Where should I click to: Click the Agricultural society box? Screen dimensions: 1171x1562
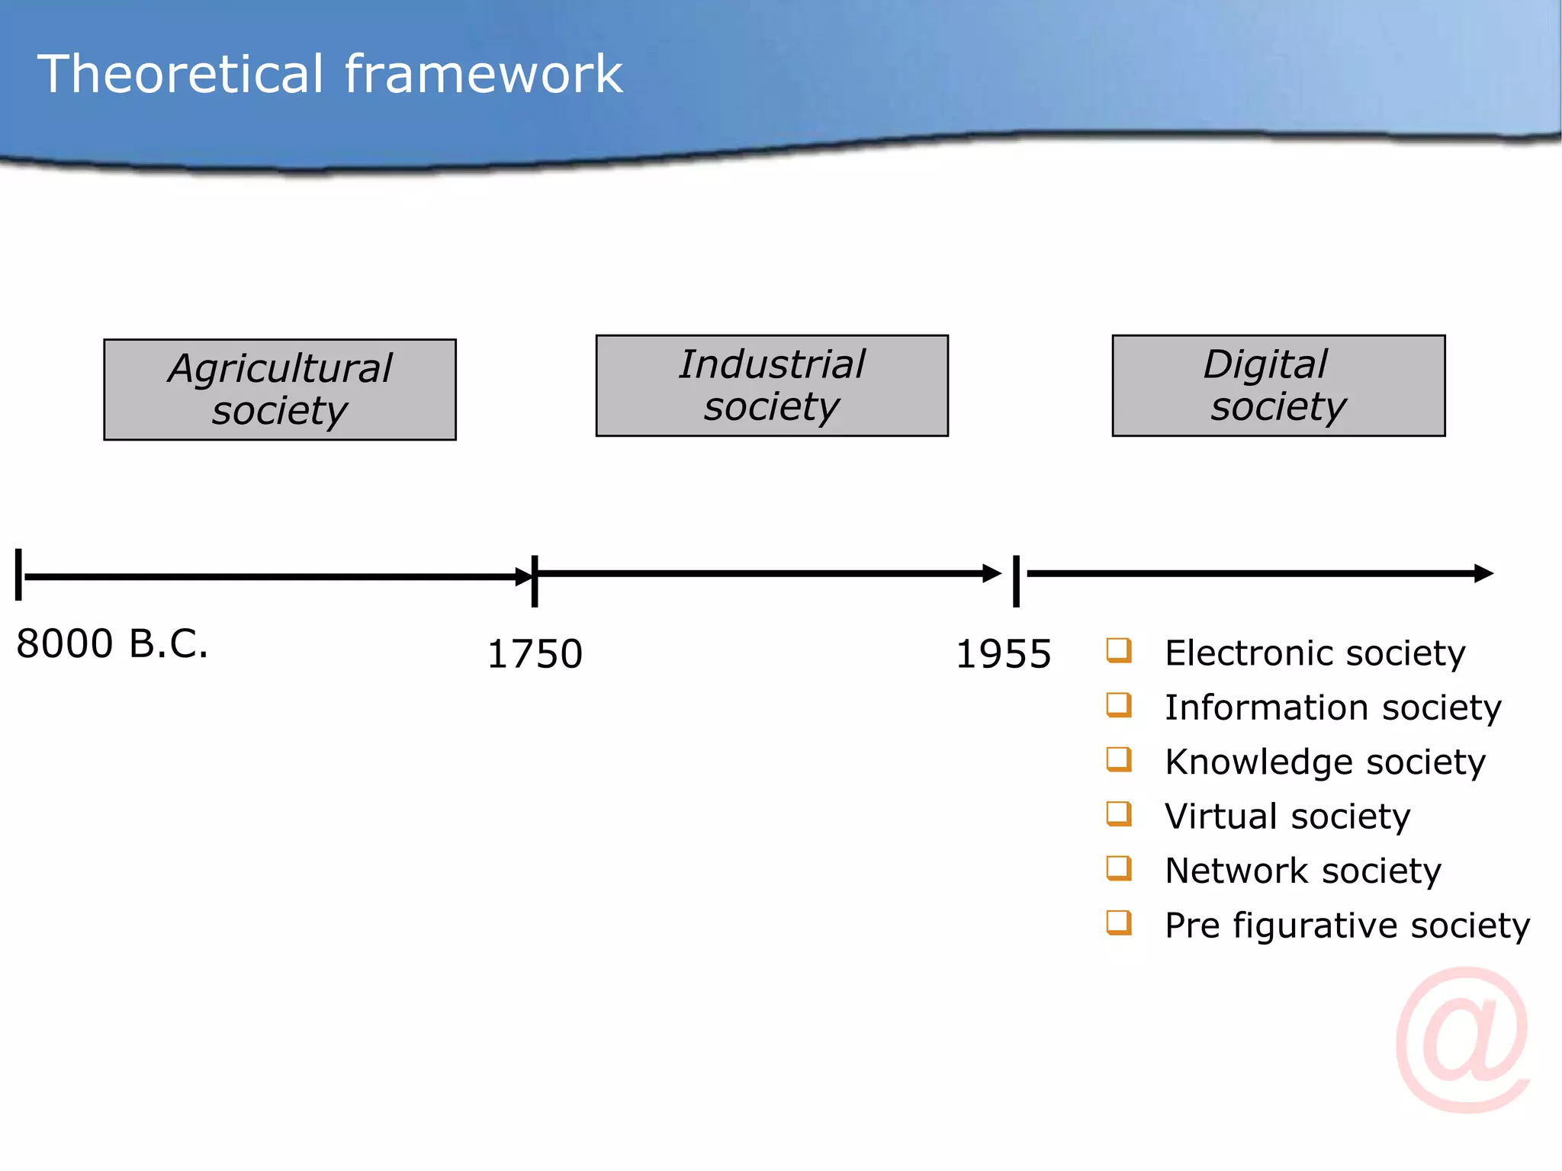pyautogui.click(x=280, y=390)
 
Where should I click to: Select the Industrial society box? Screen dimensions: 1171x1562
pyautogui.click(x=772, y=386)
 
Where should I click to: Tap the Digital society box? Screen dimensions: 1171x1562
pyautogui.click(x=1278, y=386)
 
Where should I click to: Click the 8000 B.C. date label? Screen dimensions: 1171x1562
pyautogui.click(x=112, y=643)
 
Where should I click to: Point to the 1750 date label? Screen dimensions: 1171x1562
pyautogui.click(x=535, y=654)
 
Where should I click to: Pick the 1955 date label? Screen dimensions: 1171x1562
pyautogui.click(x=1003, y=654)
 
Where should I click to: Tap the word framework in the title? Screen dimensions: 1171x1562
pyautogui.click(x=484, y=74)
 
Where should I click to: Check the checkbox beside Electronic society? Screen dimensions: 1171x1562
pyautogui.click(x=1119, y=650)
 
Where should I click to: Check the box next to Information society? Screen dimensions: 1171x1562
pyautogui.click(x=1119, y=705)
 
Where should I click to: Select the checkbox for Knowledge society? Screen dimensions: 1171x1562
pyautogui.click(x=1119, y=759)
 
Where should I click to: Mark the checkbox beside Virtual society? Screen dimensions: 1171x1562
pyautogui.click(x=1119, y=814)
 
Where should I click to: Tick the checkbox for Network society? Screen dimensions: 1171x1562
pyautogui.click(x=1119, y=868)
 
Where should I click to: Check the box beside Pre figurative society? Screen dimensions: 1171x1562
pyautogui.click(x=1119, y=923)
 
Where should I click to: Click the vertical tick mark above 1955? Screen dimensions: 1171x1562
pyautogui.click(x=1016, y=581)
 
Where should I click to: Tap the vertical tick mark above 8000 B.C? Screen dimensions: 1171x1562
pyautogui.click(x=18, y=574)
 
